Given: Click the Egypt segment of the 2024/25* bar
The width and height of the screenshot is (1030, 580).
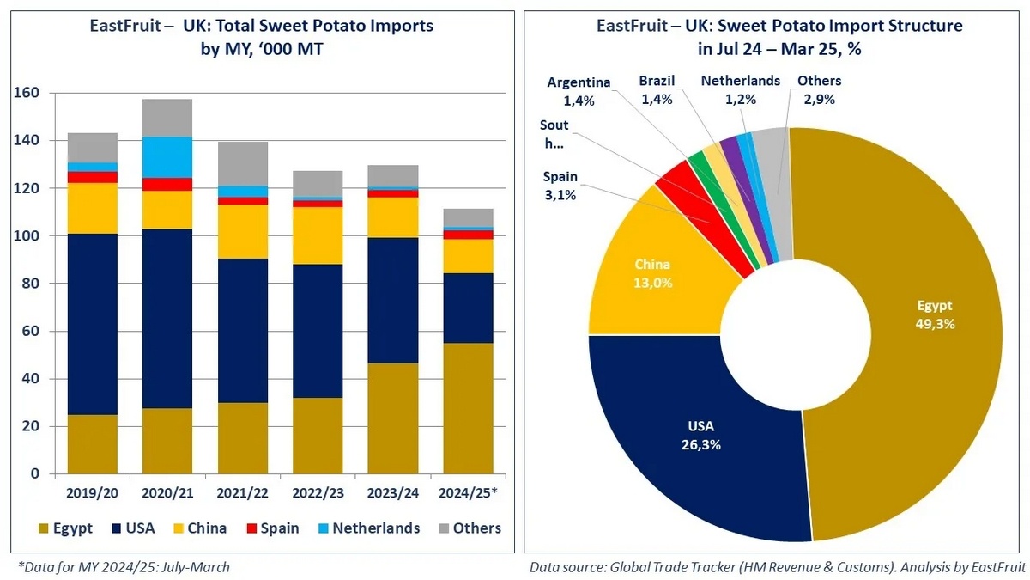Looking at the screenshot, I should tap(468, 408).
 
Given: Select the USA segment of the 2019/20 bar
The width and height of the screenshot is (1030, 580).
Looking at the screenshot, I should tap(92, 324).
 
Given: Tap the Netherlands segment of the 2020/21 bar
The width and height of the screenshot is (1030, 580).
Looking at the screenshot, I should tap(167, 157).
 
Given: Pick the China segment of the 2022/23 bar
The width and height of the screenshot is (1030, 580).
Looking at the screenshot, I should tap(318, 235).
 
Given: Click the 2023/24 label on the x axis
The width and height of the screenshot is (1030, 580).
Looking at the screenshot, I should tap(393, 495).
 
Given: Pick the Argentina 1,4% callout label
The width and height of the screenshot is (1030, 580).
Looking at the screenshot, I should tap(580, 91).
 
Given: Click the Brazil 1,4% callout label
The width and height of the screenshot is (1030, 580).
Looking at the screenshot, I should tap(657, 89).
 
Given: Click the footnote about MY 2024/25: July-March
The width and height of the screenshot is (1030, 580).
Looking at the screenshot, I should tap(124, 566).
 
